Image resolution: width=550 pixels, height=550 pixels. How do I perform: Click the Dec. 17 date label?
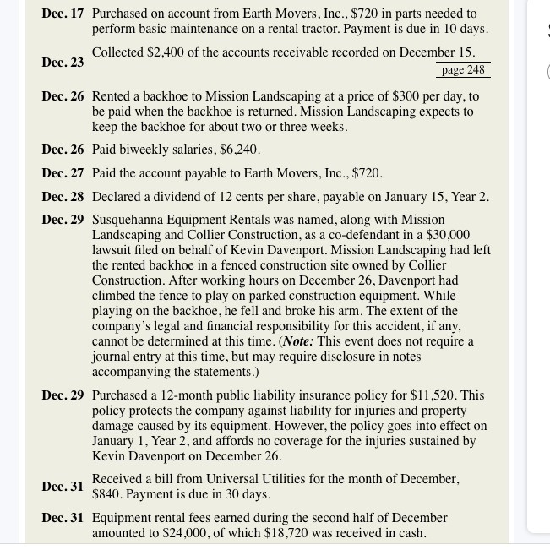pyautogui.click(x=63, y=14)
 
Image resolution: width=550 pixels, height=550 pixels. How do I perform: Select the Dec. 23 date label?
pyautogui.click(x=63, y=63)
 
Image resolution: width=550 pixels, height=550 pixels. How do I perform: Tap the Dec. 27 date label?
pyautogui.click(x=63, y=173)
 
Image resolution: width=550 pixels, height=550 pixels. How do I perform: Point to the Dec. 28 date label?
pyautogui.click(x=63, y=197)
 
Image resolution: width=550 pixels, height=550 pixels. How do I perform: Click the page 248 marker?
pyautogui.click(x=463, y=69)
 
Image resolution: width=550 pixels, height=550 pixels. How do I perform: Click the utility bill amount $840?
pyautogui.click(x=107, y=494)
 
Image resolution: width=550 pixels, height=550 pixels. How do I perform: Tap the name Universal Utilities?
pyautogui.click(x=259, y=479)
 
